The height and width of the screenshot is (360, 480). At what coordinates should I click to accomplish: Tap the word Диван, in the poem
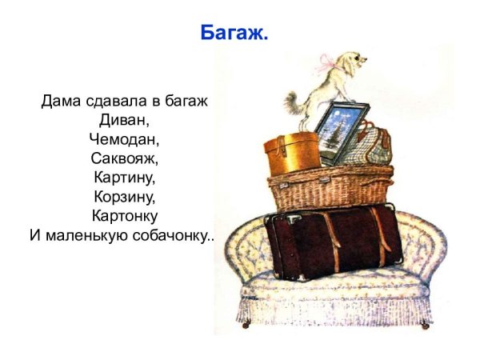point(124,122)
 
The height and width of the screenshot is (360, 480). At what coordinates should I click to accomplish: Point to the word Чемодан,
point(124,140)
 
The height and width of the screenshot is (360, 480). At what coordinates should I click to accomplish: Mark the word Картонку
point(124,216)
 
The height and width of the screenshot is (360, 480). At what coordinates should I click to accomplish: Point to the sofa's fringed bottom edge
point(336,308)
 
